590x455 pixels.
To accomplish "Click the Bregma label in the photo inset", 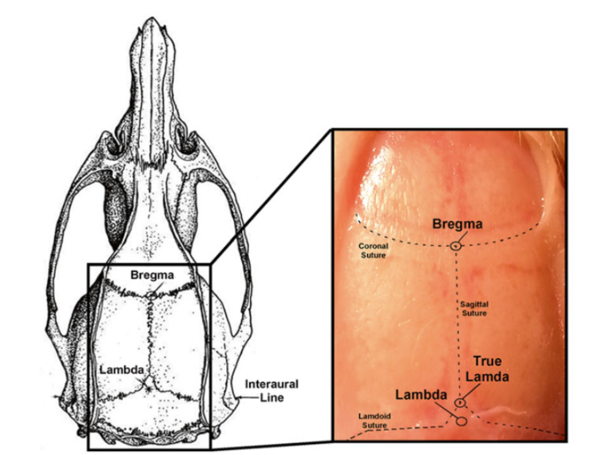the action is click(457, 224).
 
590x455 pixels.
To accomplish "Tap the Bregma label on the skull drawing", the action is click(154, 275).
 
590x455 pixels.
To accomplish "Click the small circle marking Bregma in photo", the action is click(455, 245).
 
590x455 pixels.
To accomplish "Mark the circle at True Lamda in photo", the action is click(461, 402).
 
